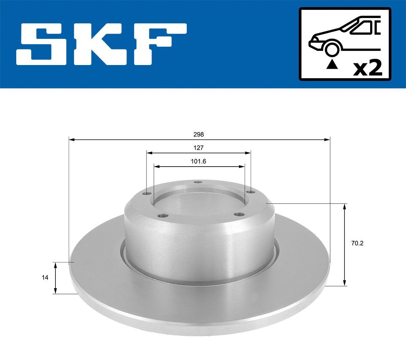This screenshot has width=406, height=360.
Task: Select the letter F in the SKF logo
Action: [161, 44]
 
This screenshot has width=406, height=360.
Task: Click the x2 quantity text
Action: [367, 68]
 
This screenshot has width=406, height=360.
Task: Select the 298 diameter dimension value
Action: [199, 134]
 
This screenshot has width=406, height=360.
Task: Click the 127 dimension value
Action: [199, 148]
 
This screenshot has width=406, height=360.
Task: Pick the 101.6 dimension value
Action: [199, 162]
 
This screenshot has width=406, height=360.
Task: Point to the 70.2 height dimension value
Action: [355, 243]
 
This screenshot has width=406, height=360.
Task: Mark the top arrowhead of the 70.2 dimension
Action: [345, 206]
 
